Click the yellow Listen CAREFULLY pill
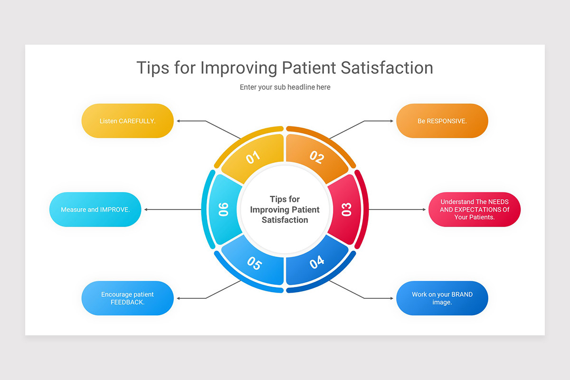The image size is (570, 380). pos(127,121)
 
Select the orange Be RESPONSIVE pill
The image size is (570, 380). pos(442,121)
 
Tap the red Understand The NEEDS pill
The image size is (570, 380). pos(475,209)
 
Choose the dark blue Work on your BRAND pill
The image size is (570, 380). pos(442,298)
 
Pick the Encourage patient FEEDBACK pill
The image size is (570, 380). pos(127,298)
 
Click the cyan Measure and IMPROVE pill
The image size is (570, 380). pos(95,209)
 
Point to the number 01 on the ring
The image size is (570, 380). pos(253,157)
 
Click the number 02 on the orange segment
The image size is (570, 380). pos(317,157)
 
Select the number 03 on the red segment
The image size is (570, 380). pos(346,209)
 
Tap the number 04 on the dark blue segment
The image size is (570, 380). pos(317,262)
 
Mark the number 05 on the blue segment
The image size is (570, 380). pos(255,263)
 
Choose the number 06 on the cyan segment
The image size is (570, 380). pos(223,209)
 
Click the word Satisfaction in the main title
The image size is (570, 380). pos(387,68)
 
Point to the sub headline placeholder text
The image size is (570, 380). pos(285,87)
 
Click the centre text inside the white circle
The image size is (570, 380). pos(285,209)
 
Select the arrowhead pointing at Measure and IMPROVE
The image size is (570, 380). pos(146,209)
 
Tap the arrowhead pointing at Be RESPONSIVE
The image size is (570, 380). pos(392,121)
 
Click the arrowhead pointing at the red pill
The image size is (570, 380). pos(424,209)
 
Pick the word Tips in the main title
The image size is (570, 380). pos(152,68)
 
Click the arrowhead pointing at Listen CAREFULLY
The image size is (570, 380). pos(179,121)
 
